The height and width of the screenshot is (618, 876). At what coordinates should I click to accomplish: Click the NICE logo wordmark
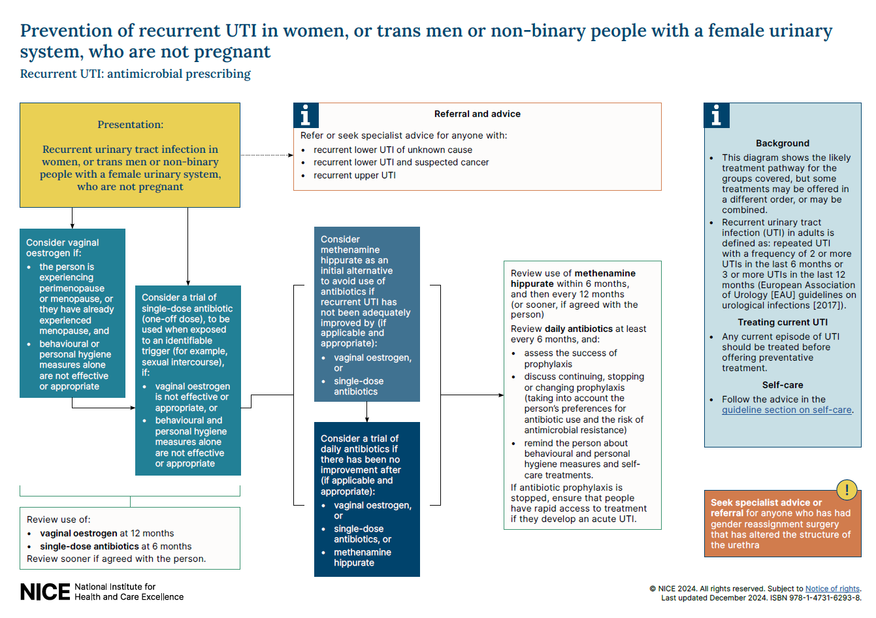click(x=44, y=592)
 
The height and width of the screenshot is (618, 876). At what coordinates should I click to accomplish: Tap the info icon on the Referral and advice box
click(x=306, y=115)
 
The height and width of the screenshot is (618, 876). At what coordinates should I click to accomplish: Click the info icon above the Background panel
click(x=717, y=115)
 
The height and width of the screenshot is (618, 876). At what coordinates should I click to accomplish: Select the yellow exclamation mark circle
click(x=847, y=490)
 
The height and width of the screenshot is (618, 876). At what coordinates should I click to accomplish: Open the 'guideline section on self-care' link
click(x=787, y=410)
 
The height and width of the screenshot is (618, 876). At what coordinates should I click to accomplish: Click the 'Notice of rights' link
click(x=832, y=589)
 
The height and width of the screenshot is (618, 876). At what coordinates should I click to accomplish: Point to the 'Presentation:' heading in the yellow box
click(x=130, y=125)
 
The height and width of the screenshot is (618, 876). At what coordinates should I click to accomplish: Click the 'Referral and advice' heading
click(x=477, y=114)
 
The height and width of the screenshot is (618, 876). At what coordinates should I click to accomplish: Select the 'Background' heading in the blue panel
click(x=782, y=144)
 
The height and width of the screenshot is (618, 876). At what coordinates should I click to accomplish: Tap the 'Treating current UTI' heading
click(x=782, y=323)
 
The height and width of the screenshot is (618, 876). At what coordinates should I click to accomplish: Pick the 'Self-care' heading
click(x=782, y=385)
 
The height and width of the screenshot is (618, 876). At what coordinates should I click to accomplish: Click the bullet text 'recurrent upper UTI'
click(x=354, y=176)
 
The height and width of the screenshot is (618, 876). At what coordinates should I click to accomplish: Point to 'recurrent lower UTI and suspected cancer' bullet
click(x=400, y=163)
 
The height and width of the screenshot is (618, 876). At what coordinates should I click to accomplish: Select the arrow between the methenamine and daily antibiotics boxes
click(x=366, y=412)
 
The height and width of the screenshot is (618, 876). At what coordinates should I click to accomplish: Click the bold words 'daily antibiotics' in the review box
click(x=579, y=329)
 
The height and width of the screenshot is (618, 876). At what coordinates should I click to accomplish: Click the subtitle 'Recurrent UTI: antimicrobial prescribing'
click(x=135, y=74)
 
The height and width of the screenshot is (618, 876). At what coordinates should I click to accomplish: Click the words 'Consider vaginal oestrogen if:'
click(x=62, y=248)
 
